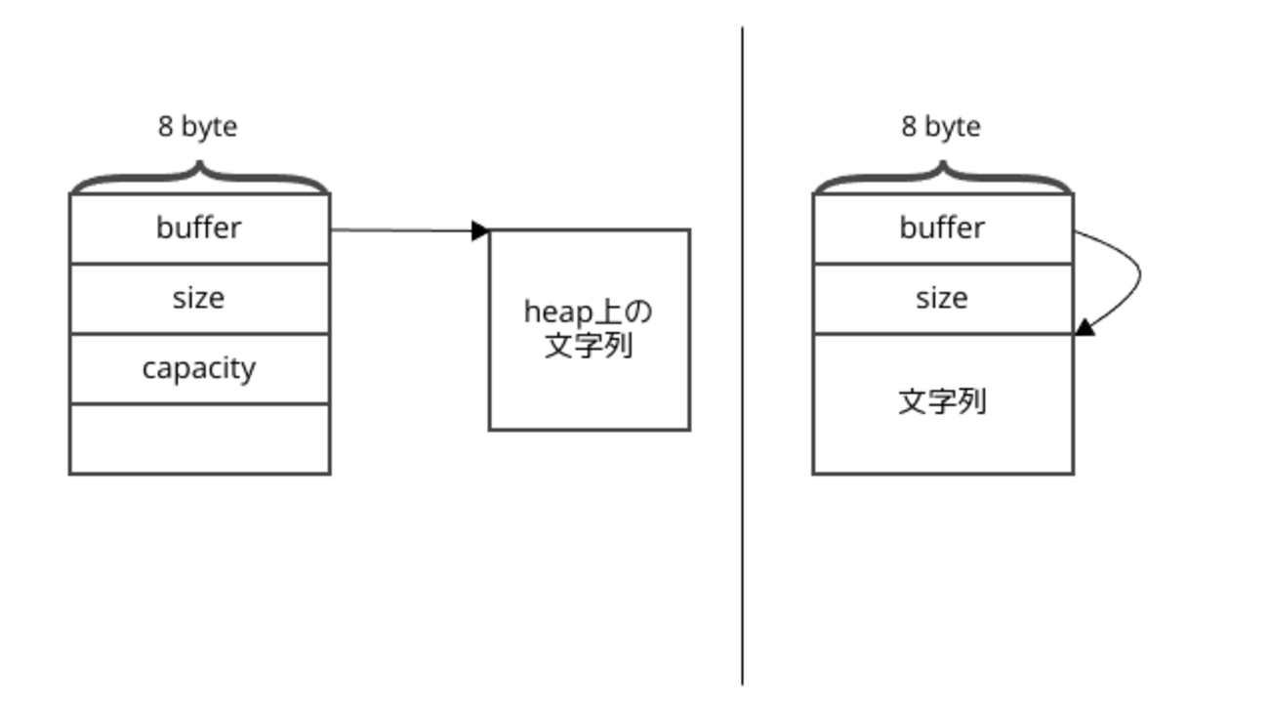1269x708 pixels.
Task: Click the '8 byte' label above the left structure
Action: (197, 127)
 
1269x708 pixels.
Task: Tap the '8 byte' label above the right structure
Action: (941, 127)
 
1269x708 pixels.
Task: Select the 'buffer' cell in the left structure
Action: (199, 229)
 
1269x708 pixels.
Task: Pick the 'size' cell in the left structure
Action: (199, 298)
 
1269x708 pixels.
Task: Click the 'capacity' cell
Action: (199, 368)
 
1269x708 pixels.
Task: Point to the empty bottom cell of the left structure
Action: (199, 438)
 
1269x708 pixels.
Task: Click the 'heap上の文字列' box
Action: (590, 329)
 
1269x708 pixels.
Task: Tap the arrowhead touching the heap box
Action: (479, 230)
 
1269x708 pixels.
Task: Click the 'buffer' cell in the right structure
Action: (942, 229)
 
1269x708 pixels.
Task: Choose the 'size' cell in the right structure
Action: (942, 298)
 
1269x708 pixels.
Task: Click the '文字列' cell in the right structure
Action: (942, 402)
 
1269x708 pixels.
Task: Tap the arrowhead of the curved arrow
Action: (1085, 327)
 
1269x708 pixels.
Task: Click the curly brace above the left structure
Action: (199, 177)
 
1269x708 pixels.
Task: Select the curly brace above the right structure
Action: (943, 177)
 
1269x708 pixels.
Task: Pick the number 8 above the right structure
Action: (908, 127)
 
